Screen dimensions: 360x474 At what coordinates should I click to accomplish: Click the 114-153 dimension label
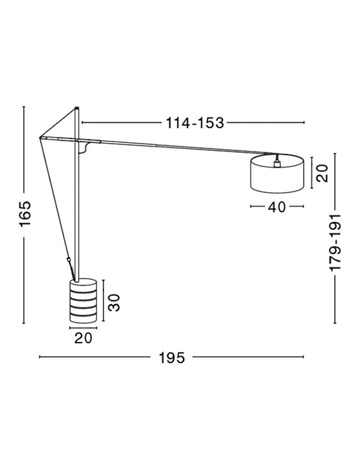195,123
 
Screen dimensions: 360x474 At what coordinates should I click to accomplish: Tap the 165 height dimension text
25,214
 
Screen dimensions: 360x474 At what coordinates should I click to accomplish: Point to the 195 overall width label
172,358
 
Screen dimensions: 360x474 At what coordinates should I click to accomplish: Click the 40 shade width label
277,207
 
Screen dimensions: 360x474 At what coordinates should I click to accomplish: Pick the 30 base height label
114,303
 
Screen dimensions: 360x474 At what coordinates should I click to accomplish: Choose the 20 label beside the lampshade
322,173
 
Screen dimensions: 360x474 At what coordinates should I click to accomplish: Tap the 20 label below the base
83,338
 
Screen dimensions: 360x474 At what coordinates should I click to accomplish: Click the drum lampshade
277,174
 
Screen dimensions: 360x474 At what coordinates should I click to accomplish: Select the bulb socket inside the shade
276,163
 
